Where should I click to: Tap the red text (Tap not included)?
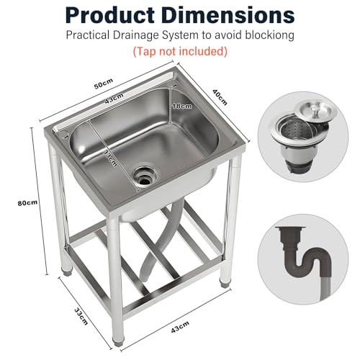[x=179, y=51]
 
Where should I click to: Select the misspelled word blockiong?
[x=270, y=35]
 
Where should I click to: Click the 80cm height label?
[x=27, y=202]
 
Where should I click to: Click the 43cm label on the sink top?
[x=111, y=102]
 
